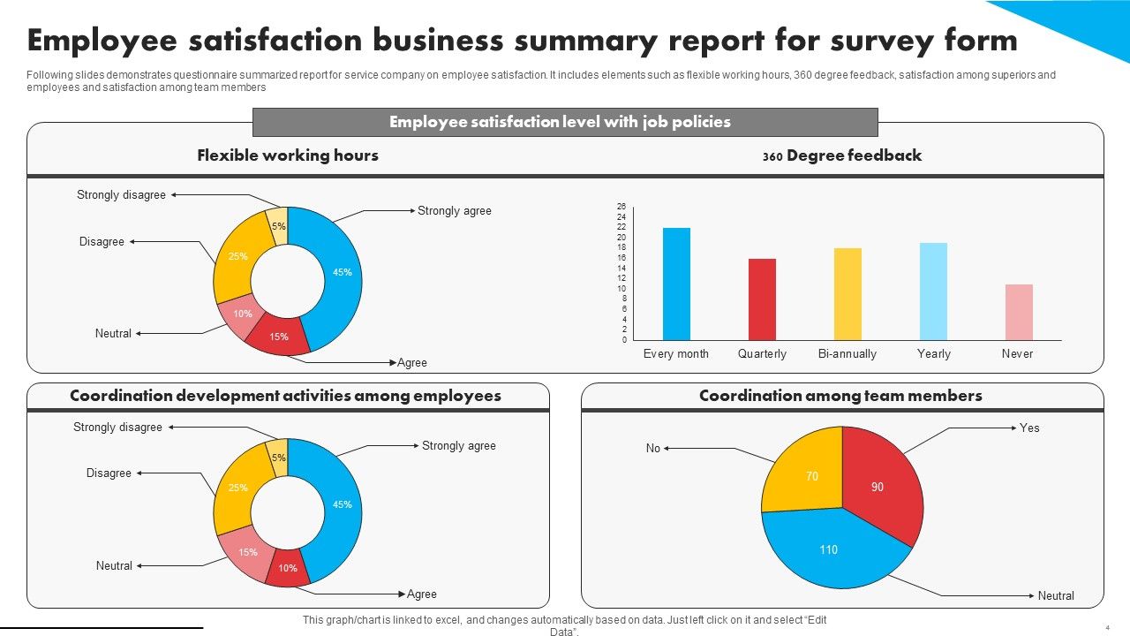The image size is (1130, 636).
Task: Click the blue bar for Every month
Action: click(x=676, y=284)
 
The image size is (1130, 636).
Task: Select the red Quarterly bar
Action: click(x=762, y=299)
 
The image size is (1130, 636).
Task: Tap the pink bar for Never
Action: click(x=1019, y=312)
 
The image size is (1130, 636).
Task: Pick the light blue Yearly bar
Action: click(x=933, y=291)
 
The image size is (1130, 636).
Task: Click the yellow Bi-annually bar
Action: click(x=847, y=294)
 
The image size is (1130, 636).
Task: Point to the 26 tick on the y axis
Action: click(x=621, y=207)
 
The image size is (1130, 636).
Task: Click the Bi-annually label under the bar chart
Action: click(x=847, y=354)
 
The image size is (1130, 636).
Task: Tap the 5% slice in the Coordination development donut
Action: click(x=278, y=455)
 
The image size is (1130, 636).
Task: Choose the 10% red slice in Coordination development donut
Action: click(x=288, y=568)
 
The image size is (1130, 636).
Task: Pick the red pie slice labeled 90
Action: click(x=879, y=485)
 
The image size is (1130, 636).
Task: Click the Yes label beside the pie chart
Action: click(x=1029, y=428)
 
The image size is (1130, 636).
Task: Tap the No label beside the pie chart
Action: click(x=653, y=449)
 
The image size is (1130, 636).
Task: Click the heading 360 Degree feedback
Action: click(x=842, y=156)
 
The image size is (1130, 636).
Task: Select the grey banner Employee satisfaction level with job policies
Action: click(x=565, y=122)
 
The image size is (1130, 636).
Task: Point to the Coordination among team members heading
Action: click(x=840, y=397)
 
